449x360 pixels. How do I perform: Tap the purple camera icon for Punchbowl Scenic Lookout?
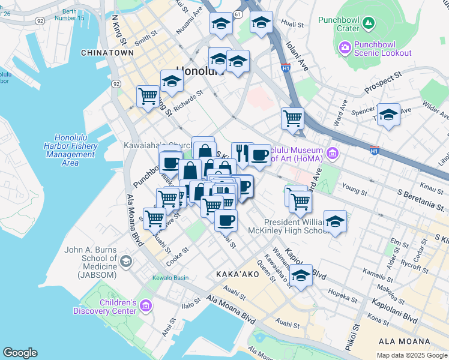tap(345, 47)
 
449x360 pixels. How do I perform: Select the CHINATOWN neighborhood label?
tap(107, 53)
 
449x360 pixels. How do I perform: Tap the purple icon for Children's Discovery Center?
tap(145, 307)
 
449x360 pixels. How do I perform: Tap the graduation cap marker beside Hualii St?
tap(261, 23)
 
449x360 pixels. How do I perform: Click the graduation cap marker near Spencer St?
tap(388, 115)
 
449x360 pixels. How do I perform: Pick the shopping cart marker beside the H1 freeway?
tap(292, 118)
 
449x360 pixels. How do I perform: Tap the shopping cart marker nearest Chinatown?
tap(148, 95)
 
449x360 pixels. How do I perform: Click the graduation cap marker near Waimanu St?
tap(301, 275)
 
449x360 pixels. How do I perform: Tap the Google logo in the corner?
tap(20, 352)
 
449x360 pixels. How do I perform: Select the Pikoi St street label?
tap(356, 337)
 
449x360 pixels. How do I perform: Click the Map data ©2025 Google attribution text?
tap(411, 355)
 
